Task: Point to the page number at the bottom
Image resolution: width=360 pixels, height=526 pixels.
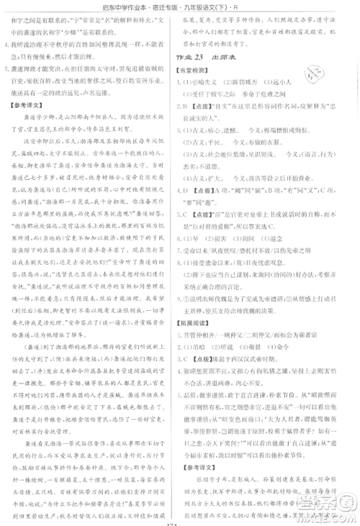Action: coord(179,522)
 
